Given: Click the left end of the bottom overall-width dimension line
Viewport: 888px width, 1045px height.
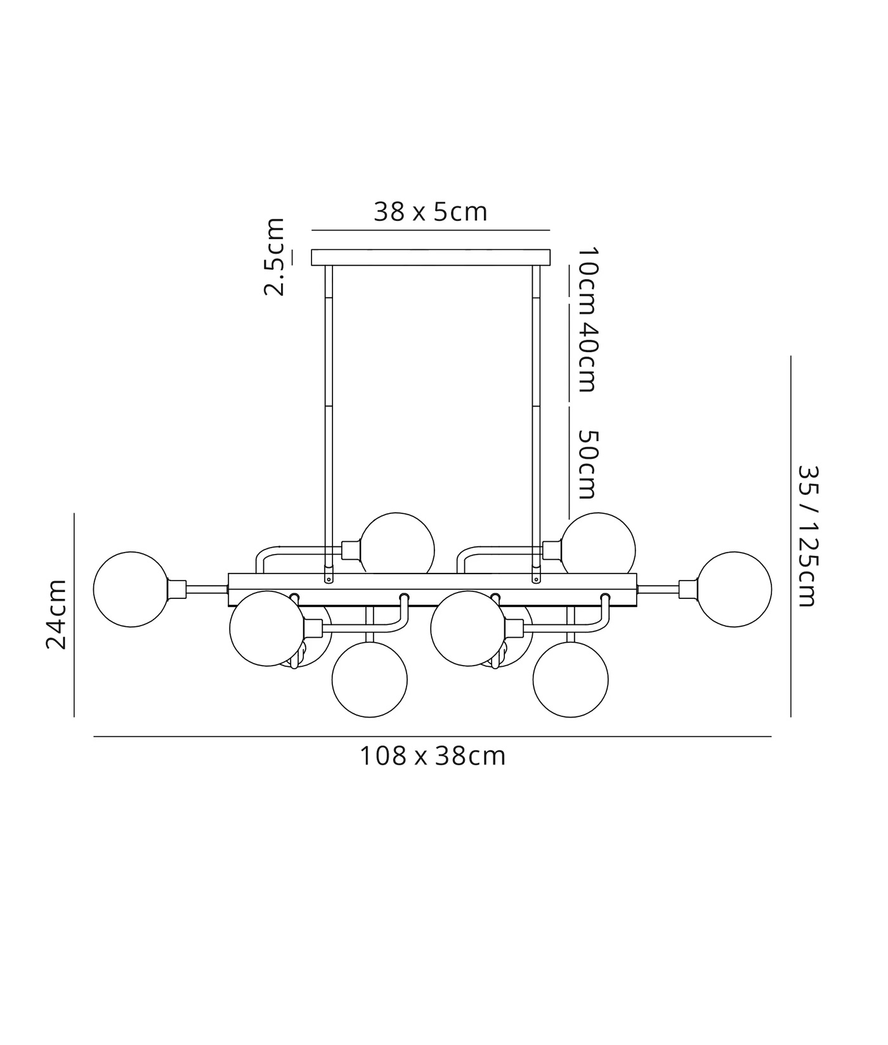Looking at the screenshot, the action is tap(94, 737).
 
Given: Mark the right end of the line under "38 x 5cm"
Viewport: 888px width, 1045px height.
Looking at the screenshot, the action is tap(549, 230).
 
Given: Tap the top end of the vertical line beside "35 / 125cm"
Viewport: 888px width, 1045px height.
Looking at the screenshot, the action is tap(790, 357).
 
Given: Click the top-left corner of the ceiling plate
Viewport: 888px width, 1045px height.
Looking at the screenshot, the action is tap(311, 249).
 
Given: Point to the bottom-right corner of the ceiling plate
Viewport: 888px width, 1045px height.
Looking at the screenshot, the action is tap(550, 265).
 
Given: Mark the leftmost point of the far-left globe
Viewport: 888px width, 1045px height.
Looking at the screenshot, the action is tap(93, 589).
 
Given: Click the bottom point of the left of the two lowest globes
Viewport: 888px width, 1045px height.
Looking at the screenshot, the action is tap(370, 718).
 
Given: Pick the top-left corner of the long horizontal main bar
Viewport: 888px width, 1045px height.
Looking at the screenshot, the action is tap(228, 574).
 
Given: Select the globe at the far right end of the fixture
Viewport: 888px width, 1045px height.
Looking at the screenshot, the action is tap(734, 589).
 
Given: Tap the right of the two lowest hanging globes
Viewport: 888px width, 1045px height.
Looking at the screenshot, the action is tap(571, 680).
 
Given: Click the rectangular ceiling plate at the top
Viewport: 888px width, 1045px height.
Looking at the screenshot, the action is tap(431, 257).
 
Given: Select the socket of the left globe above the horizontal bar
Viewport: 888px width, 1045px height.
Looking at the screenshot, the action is tap(351, 549).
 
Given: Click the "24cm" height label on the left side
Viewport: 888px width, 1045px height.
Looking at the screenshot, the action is tap(56, 614).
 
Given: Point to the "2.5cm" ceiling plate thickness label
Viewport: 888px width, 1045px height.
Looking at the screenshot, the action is tap(274, 257).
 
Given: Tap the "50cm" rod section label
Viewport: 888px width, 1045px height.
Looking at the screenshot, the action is tap(586, 464).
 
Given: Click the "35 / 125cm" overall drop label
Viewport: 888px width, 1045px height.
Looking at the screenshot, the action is tap(808, 536).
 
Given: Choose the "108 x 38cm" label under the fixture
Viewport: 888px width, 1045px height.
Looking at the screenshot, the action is tap(433, 756).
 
